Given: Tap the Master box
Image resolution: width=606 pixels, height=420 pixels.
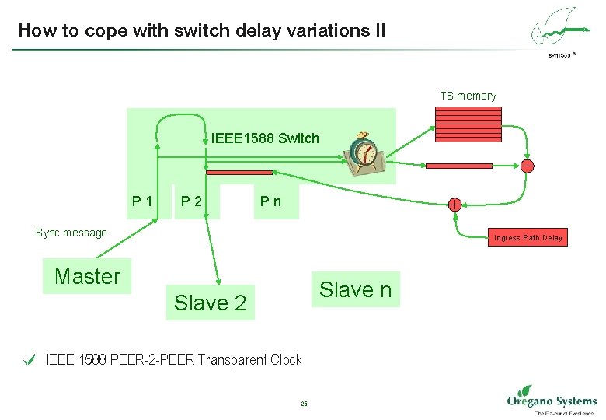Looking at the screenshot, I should tap(88, 276).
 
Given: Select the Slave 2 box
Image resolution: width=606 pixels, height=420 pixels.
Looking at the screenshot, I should tap(210, 303).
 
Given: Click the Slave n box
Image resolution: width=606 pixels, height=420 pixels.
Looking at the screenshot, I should tap(355, 289).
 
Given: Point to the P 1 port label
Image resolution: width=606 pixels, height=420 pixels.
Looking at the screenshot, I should tap(142, 202).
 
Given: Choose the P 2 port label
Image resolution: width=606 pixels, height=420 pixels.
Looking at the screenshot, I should tap(191, 202).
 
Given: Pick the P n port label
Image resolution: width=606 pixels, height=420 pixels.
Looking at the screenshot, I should tap(271, 202).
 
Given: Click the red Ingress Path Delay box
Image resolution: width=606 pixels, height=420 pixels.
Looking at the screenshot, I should tap(528, 237).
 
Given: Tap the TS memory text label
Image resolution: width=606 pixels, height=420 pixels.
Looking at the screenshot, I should tap(468, 96).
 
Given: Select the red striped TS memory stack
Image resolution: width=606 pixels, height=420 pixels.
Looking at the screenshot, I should tap(467, 122).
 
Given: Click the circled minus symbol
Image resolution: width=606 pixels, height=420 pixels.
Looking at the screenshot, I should tap(527, 166).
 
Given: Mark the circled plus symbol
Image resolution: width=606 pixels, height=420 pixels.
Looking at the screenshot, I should tap(454, 205).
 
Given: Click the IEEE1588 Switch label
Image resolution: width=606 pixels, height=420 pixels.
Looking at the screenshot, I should tap(265, 138).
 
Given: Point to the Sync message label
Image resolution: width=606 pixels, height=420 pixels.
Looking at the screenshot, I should tap(71, 233).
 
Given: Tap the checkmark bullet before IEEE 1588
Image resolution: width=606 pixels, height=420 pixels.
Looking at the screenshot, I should tap(30, 359).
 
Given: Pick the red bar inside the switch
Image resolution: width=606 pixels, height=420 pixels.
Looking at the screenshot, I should tap(239, 173).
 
